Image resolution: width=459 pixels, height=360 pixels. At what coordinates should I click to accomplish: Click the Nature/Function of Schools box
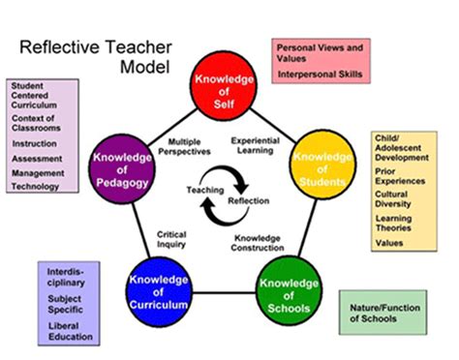[382, 312]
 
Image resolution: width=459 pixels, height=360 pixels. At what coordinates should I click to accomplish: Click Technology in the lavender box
[38, 186]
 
